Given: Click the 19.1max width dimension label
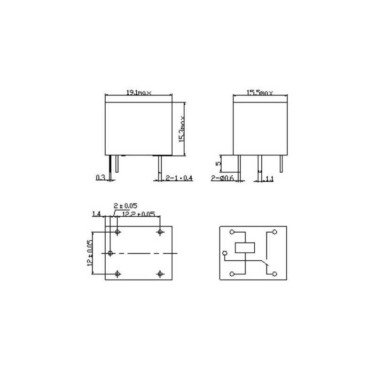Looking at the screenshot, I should [x=139, y=93].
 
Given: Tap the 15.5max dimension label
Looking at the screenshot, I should [x=259, y=93].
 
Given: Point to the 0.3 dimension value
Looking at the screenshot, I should [x=100, y=178].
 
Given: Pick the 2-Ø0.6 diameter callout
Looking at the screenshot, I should [x=222, y=178].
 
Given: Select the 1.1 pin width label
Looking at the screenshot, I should [x=270, y=179].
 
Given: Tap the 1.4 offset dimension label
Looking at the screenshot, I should [x=96, y=214].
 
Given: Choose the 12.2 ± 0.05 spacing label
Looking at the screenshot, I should [x=138, y=214].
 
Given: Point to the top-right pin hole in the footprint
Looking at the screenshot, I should [x=161, y=232].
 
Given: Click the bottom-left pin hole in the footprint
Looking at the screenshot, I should [x=117, y=274].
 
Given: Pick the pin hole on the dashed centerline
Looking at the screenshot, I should [x=110, y=253].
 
